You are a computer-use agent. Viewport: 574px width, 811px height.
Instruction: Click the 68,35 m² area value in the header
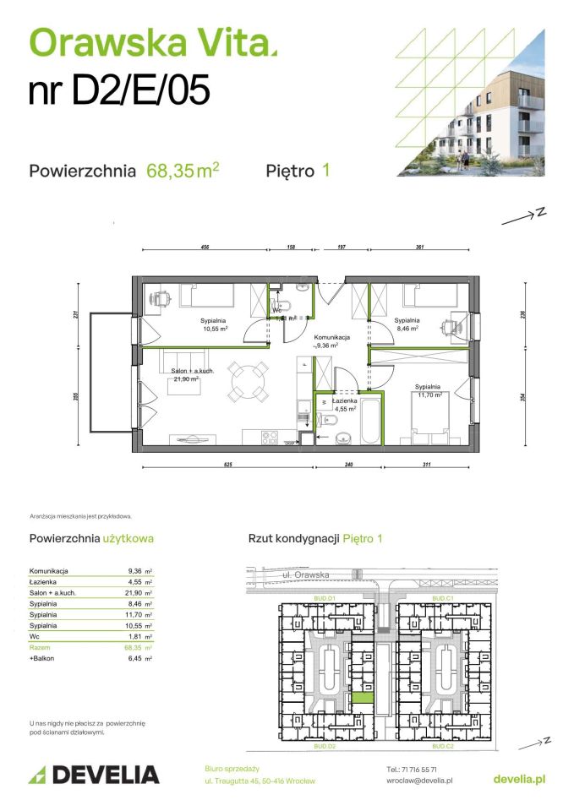[x=183, y=171]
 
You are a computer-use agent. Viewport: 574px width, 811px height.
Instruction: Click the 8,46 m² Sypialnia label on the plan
[x=407, y=325]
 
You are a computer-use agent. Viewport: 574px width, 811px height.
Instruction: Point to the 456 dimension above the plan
[x=204, y=248]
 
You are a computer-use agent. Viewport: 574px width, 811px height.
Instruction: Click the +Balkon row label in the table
[x=43, y=658]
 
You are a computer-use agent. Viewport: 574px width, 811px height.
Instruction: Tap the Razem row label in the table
[x=41, y=647]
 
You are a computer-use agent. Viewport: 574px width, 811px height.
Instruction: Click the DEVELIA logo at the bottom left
[x=94, y=774]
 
